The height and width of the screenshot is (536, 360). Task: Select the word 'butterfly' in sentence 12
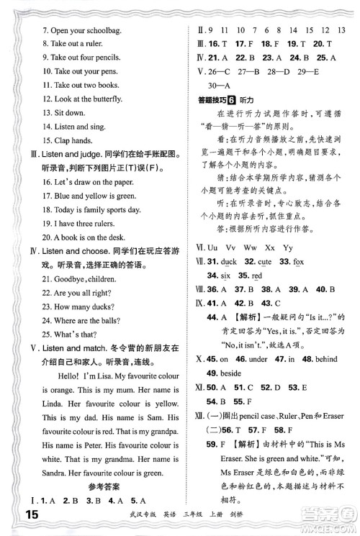coord(110,99)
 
